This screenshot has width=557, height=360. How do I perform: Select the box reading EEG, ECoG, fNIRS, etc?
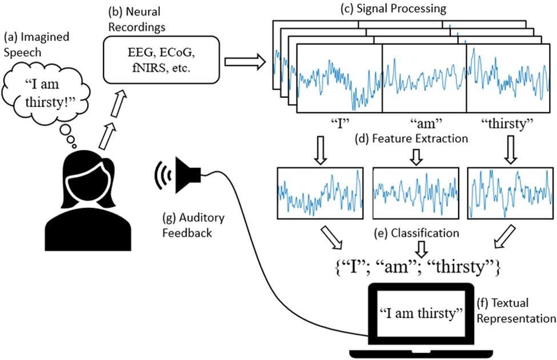(x=161, y=59)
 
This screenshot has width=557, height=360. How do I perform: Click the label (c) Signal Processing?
(x=393, y=8)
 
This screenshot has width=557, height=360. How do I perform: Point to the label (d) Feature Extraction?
(x=411, y=138)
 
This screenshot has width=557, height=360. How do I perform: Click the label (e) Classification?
(x=416, y=233)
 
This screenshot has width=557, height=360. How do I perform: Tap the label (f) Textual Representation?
(x=516, y=311)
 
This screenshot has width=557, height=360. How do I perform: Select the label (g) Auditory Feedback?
(x=193, y=225)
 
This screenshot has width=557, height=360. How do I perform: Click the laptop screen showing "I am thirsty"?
(x=421, y=314)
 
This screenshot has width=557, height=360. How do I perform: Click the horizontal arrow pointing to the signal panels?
(x=245, y=62)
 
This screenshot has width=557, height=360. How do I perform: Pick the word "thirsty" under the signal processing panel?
(x=507, y=123)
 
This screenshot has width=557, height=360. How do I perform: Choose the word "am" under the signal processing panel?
(x=426, y=123)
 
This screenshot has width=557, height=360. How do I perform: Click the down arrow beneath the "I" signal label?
(x=320, y=150)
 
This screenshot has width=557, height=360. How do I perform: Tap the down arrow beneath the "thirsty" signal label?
(x=511, y=149)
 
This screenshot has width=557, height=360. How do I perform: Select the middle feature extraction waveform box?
(x=416, y=193)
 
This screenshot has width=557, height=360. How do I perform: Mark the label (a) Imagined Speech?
(x=36, y=45)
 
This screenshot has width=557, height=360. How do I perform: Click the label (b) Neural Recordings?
(x=137, y=19)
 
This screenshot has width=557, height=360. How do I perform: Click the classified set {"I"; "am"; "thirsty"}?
(x=418, y=267)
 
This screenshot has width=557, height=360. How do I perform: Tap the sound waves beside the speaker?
(x=163, y=175)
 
